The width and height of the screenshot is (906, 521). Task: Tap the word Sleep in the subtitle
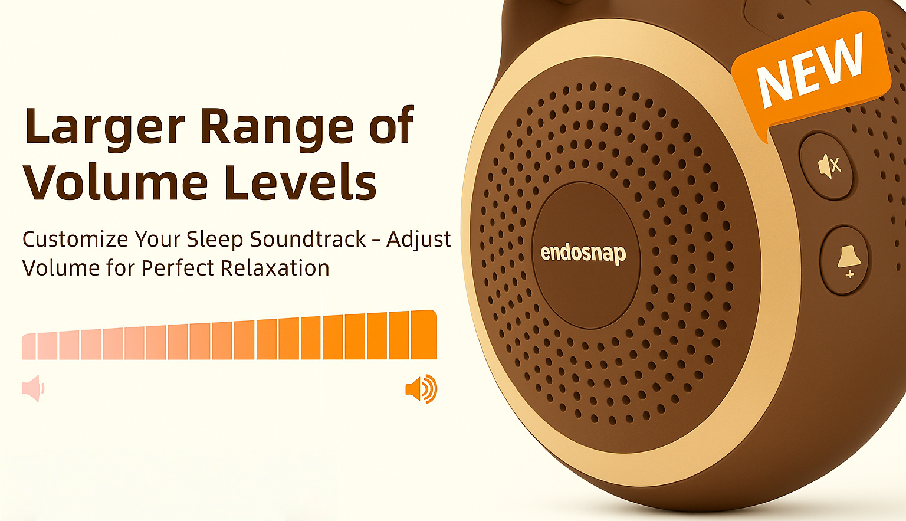coord(214,240)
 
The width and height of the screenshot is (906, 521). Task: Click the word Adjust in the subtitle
coord(419,240)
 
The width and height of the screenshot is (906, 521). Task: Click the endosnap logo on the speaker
coord(583,254)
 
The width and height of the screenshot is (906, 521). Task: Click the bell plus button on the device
coord(845,260)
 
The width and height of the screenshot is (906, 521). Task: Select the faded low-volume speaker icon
coord(33,388)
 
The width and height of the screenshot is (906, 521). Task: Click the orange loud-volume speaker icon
coord(421,389)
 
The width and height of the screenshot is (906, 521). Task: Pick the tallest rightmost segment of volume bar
coord(424,335)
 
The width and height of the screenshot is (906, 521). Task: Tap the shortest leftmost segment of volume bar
coord(29,346)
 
